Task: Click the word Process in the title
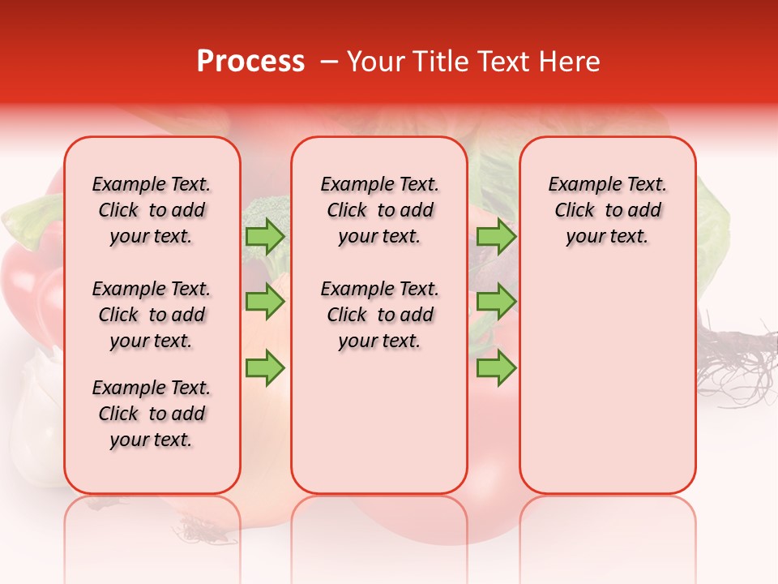(x=250, y=62)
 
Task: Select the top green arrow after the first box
(x=265, y=236)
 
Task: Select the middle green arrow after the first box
(x=265, y=302)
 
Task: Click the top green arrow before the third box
(x=496, y=236)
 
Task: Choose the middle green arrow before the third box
(x=496, y=302)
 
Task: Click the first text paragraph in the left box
(x=152, y=210)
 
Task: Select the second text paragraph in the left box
(x=152, y=315)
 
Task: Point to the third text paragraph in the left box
(x=152, y=414)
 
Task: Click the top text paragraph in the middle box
(x=379, y=210)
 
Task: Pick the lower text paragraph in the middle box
(x=379, y=315)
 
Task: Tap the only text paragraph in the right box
(x=607, y=210)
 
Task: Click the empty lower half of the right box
(x=607, y=389)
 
